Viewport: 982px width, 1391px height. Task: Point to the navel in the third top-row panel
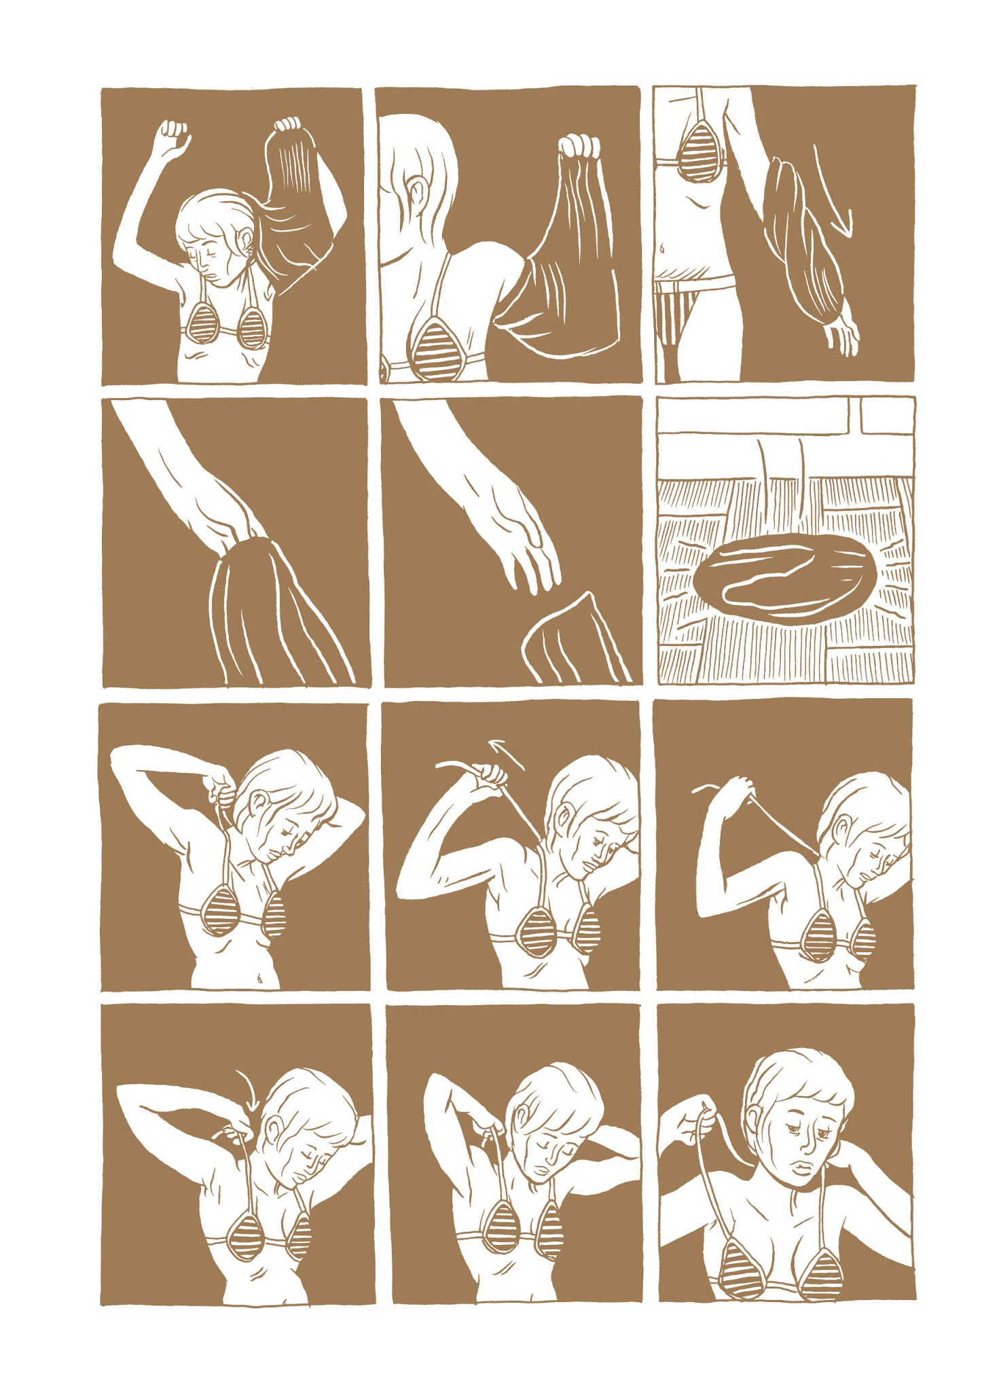[662, 249]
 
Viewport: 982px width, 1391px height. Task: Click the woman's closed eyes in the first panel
[205, 249]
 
